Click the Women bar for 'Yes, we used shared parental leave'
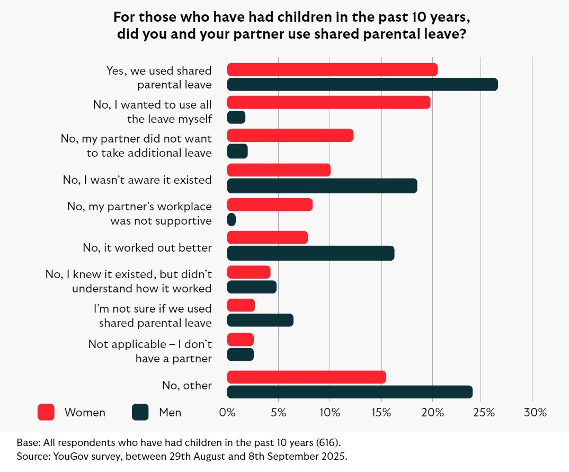pos(332,69)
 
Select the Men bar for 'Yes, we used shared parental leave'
pos(362,84)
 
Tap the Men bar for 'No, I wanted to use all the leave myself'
pos(236,117)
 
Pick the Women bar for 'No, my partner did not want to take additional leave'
pos(290,136)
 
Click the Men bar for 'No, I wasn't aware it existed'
pos(322,186)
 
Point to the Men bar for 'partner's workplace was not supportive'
pos(232,219)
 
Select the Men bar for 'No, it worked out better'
pos(310,253)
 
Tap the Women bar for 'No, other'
pos(306,377)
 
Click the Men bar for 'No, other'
pos(350,392)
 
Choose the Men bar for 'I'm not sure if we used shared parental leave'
pos(260,320)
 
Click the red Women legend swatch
pos(46,412)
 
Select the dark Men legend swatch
pos(140,412)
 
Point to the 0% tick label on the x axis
pos(227,413)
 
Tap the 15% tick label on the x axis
pos(381,413)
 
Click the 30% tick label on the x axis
pos(535,413)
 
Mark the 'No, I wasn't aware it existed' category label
pos(137,180)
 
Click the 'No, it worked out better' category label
pos(147,247)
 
